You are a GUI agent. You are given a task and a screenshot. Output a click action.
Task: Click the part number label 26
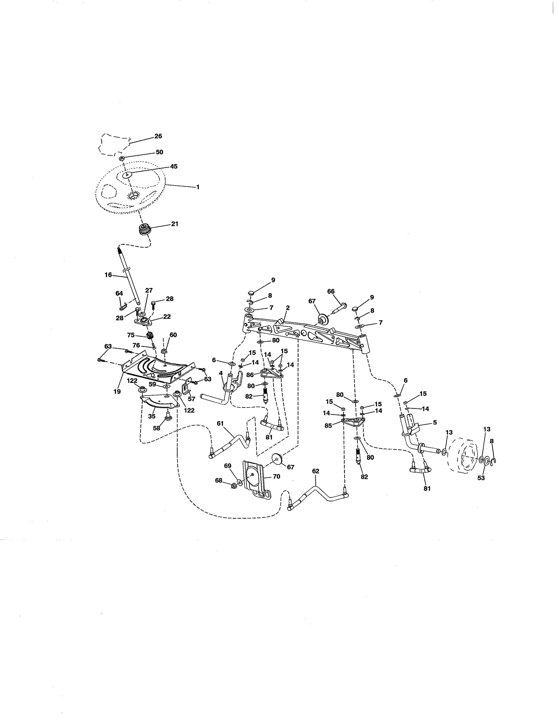[x=158, y=136]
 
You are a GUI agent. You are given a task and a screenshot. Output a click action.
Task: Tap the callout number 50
[x=159, y=152]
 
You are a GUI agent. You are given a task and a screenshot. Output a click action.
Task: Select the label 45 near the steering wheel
[x=174, y=166]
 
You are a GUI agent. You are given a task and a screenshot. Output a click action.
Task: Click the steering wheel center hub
[x=134, y=195]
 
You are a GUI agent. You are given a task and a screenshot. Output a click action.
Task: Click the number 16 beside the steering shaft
[x=108, y=275]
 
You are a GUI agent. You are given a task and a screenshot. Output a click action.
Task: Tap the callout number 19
[x=117, y=391]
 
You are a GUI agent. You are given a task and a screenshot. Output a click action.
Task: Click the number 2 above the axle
[x=288, y=308]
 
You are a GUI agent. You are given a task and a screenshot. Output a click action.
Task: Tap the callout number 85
[x=328, y=426]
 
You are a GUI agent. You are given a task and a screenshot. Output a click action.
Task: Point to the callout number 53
[x=481, y=478]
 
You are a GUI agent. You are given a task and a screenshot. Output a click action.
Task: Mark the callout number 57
[x=191, y=399]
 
